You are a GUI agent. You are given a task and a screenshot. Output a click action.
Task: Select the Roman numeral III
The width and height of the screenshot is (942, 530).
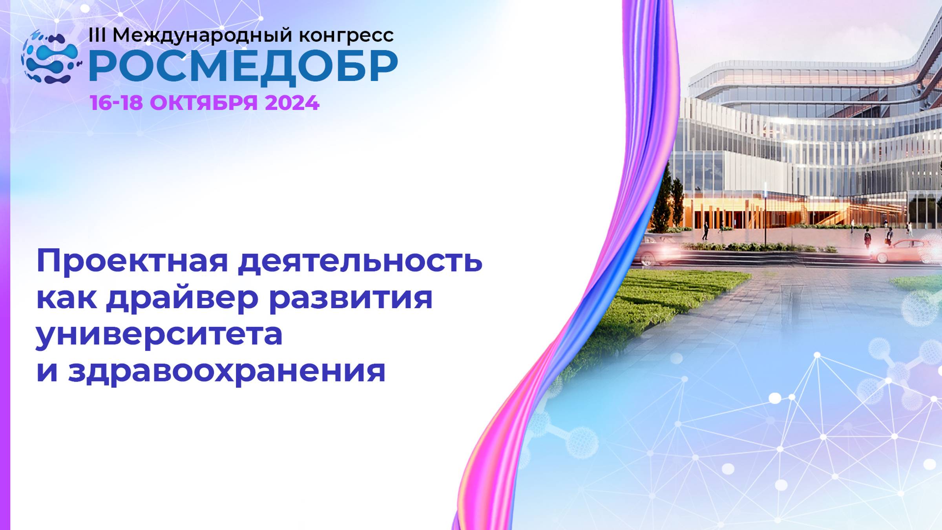click(x=97, y=35)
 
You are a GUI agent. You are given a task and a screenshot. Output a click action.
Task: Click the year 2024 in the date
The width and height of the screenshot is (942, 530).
click(x=292, y=103)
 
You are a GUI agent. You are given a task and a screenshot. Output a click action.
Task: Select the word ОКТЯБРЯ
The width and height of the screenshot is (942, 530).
click(x=204, y=103)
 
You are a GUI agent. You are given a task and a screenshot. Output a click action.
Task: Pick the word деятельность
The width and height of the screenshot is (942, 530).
click(x=360, y=261)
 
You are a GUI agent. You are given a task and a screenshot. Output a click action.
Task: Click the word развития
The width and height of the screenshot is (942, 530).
click(x=351, y=298)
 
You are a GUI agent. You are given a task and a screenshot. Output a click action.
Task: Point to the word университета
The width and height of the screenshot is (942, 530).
click(x=159, y=335)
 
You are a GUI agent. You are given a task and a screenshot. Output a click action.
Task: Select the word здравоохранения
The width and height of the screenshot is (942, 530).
click(x=227, y=371)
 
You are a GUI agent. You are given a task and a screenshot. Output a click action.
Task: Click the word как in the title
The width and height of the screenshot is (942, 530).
click(x=66, y=298)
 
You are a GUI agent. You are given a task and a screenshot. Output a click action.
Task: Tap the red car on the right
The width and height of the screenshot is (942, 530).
click(x=903, y=250)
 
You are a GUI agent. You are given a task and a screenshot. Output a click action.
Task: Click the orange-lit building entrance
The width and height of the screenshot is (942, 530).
click(x=746, y=214)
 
